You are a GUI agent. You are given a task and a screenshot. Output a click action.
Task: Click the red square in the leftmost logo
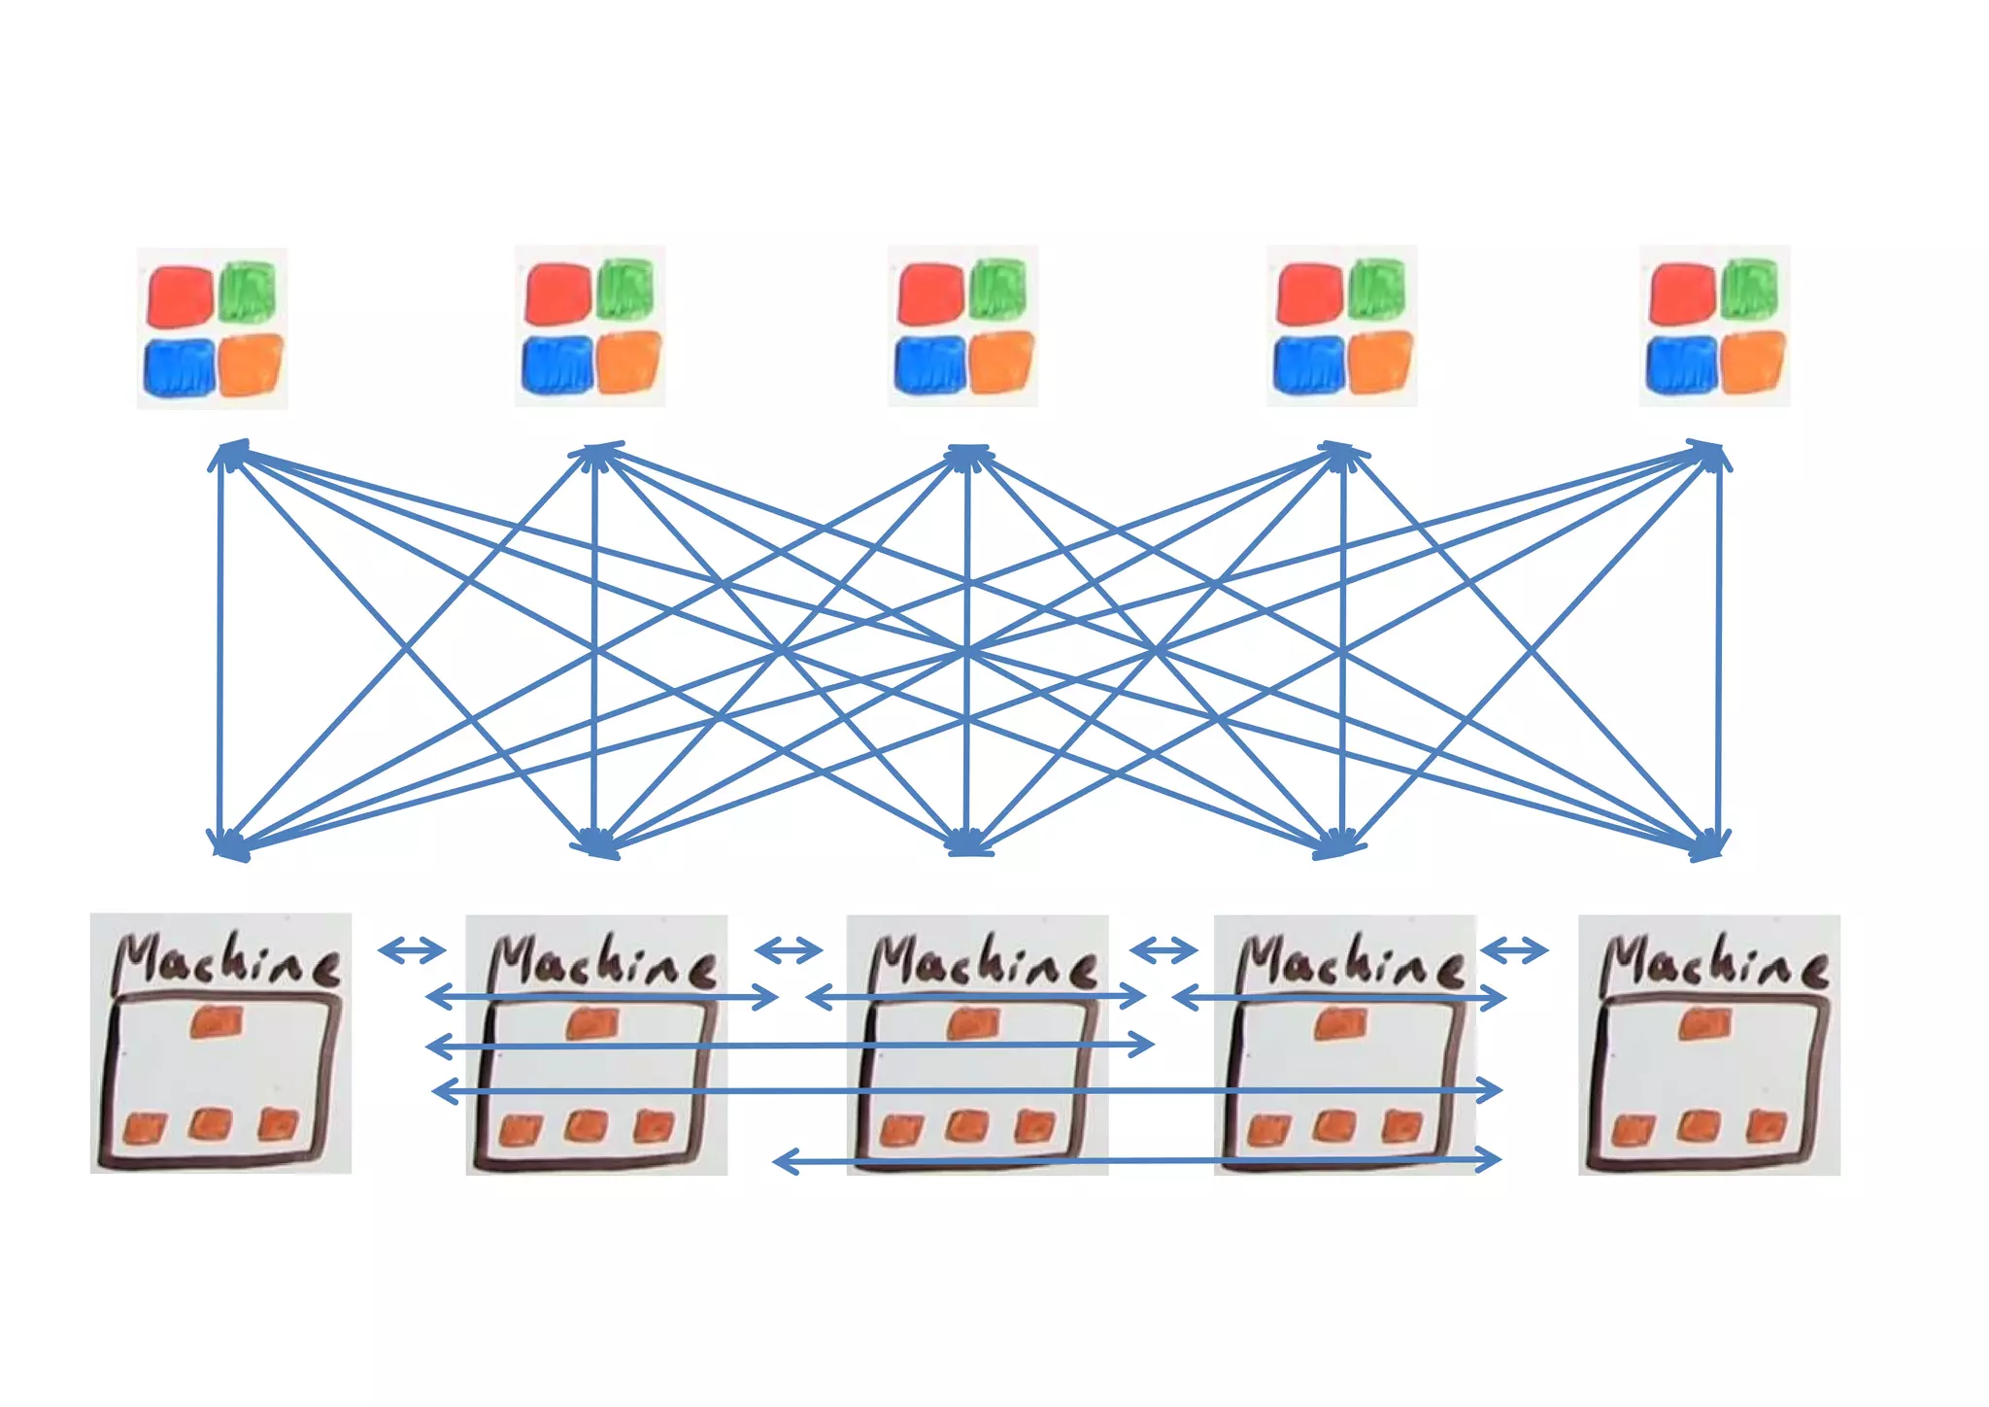180,296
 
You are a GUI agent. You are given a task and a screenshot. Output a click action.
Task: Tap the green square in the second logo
624,289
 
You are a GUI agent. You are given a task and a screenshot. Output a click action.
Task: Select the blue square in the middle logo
929,364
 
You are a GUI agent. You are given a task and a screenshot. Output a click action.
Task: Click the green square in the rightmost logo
1750,288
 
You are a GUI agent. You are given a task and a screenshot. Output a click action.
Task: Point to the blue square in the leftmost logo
180,367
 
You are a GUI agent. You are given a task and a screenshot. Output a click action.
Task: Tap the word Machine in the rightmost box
1714,962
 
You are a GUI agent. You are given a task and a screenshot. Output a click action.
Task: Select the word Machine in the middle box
983,962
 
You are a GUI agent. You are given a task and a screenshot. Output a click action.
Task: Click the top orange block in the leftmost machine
218,1022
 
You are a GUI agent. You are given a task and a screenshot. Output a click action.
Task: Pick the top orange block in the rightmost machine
1705,1024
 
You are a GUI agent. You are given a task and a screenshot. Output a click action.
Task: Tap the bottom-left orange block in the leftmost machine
145,1128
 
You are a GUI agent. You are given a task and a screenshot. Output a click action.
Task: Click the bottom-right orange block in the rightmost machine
1767,1126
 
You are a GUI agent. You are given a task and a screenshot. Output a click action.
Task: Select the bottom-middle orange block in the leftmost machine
212,1124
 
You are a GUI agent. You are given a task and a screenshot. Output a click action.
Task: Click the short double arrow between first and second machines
412,949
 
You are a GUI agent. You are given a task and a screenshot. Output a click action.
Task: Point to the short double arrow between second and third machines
789,949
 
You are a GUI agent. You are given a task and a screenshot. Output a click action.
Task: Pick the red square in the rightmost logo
1682,294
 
